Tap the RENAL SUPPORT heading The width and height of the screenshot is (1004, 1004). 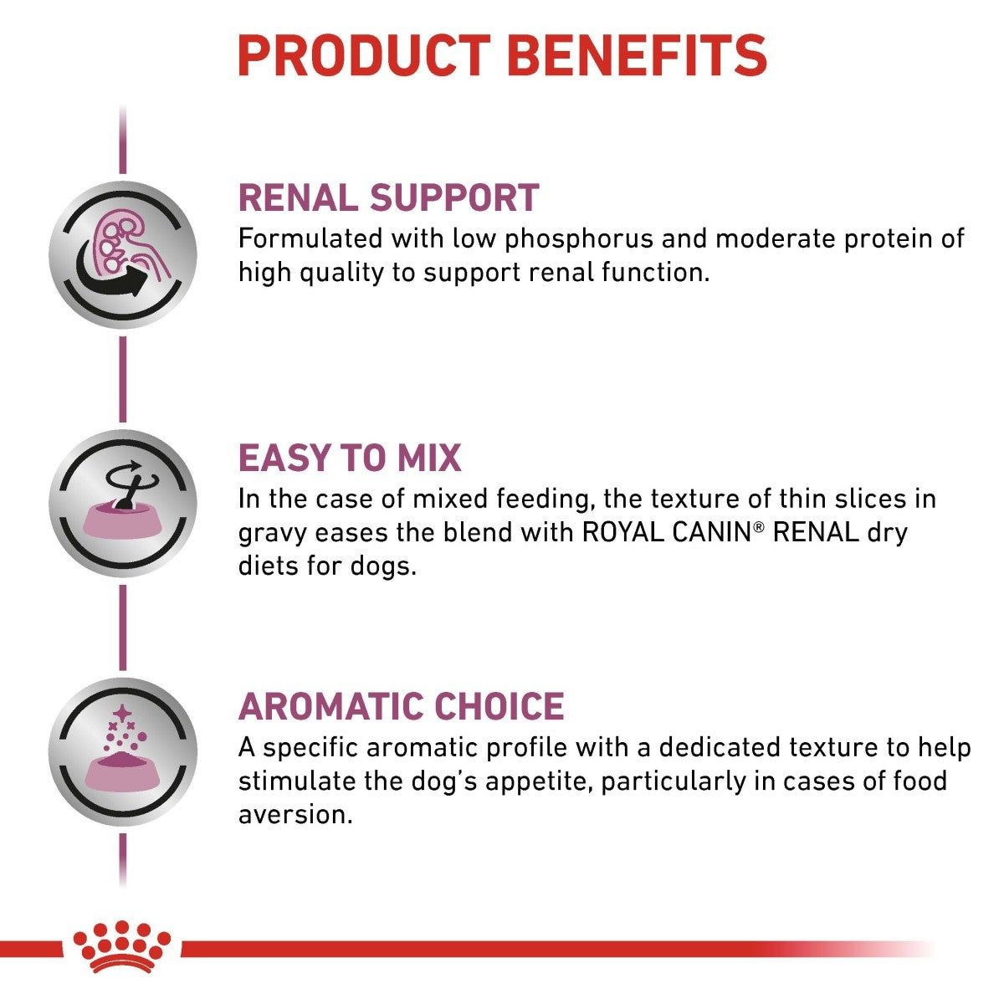coord(388,197)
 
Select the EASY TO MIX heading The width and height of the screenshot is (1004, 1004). coord(350,458)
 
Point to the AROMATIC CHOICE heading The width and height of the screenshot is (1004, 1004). coord(401,706)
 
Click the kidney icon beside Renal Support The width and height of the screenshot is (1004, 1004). coord(123,254)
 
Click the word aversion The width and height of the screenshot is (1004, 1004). coord(295,814)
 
